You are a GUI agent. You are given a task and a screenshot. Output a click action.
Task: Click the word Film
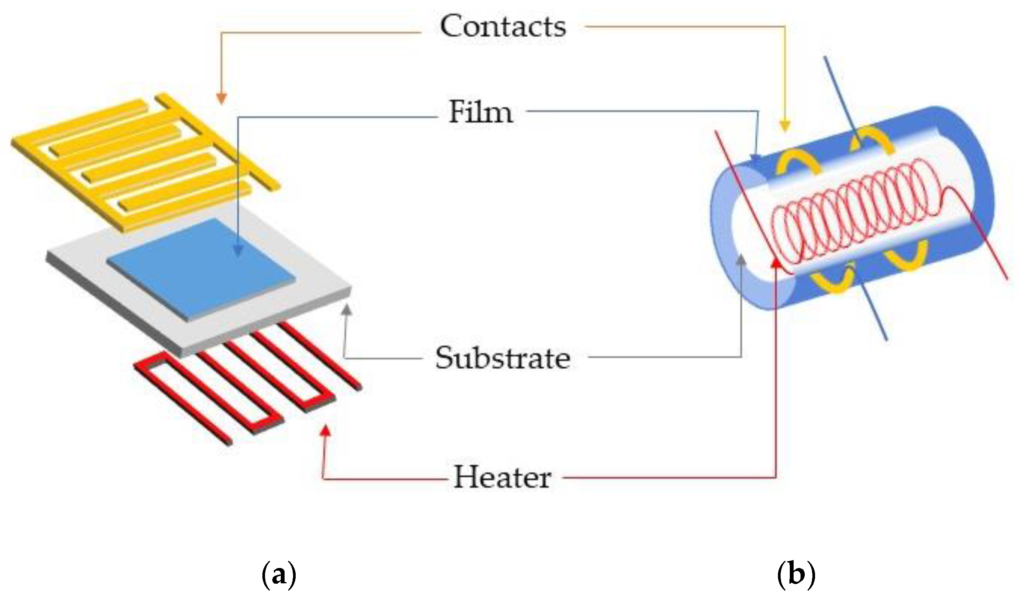481,112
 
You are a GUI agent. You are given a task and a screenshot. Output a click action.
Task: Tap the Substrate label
503,358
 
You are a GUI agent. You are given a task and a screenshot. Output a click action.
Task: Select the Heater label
502,478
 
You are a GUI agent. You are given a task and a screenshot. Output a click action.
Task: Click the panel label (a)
279,575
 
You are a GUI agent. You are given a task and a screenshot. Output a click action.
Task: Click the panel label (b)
796,575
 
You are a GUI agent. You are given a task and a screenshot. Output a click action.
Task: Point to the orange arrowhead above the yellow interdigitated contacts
221,98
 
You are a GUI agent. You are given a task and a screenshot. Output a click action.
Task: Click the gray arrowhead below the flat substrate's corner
347,310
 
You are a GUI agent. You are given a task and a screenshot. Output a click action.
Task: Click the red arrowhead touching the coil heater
776,264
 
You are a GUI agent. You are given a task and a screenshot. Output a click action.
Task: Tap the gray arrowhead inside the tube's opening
741,259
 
